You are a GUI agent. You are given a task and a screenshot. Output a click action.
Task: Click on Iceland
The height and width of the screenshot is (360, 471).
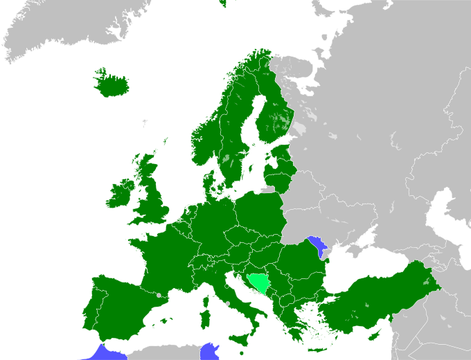(111, 85)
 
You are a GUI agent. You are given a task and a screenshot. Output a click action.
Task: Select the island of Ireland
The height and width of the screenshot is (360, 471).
(120, 194)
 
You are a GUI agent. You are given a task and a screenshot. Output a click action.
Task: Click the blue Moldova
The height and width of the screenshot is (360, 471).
(319, 246)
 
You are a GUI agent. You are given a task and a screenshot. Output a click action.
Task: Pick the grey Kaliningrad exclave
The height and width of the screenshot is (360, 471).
(268, 188)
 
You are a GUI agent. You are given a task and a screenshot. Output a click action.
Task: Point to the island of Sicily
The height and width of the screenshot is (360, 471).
(240, 339)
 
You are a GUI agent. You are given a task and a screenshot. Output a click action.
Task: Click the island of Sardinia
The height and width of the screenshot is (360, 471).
(205, 319)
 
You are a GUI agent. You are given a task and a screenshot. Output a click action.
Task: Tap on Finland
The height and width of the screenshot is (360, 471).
(274, 118)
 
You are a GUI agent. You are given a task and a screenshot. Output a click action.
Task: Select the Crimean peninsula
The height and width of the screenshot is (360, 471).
(357, 248)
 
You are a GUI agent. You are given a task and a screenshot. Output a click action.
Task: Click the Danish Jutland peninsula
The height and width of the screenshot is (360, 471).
(211, 183)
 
